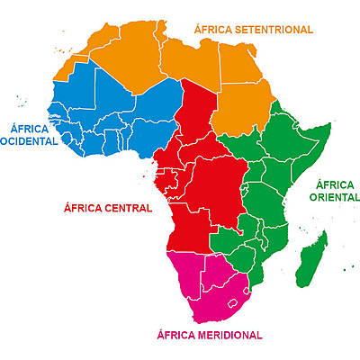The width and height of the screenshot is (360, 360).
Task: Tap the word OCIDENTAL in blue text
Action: (30, 143)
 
